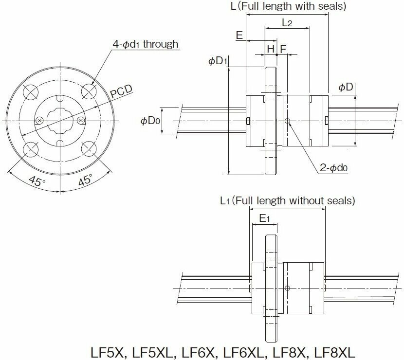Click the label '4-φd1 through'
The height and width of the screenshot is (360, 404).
click(146, 44)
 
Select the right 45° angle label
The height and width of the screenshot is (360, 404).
click(84, 181)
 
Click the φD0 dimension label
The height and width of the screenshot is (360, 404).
click(150, 121)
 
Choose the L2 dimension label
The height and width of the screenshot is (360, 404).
click(287, 22)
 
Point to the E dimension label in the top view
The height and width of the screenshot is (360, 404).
click(239, 36)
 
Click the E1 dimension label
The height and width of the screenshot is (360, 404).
click(264, 218)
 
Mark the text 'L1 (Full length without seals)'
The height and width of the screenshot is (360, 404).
click(287, 200)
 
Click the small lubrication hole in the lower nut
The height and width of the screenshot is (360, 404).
click(288, 288)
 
